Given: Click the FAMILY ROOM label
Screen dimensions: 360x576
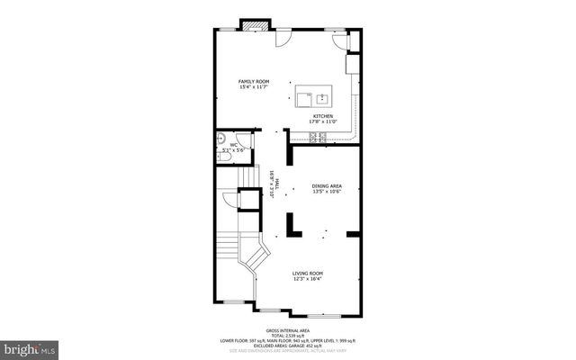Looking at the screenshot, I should click(253, 81).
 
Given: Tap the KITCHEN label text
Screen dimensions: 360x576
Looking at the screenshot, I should click(324, 116).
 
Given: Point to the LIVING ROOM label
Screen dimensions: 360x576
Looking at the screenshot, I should click(308, 273).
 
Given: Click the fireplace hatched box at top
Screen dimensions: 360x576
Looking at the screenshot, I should click(251, 24).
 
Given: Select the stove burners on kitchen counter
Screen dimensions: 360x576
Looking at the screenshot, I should click(317, 137).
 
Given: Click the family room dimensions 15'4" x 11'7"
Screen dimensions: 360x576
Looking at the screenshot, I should click(253, 87).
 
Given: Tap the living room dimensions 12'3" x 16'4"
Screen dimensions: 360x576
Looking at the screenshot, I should click(308, 279).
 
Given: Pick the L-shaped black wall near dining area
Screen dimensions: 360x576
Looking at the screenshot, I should click(292, 226).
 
